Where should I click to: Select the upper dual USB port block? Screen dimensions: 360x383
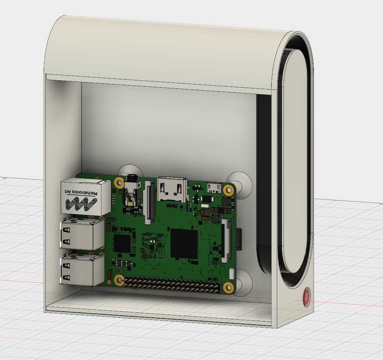pos(82,234)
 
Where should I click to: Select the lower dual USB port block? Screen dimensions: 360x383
pos(82,269)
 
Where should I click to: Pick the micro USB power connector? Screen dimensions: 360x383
pos(214,187)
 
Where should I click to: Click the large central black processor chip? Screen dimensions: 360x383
pos(184,244)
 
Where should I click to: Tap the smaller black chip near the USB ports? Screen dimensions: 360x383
pos(122,244)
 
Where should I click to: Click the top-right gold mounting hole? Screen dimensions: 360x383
pos(228,190)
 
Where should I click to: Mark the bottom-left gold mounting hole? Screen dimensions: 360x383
pos(119,280)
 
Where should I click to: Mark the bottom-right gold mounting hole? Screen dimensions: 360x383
pos(228,287)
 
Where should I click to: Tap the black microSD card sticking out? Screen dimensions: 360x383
pos(238,239)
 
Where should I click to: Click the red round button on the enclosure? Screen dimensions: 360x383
pos(306,297)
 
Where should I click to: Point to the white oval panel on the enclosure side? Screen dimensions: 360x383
pos(295,161)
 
